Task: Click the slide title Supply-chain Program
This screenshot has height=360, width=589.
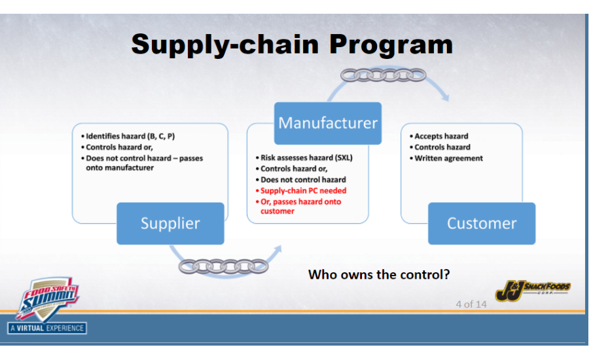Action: pyautogui.click(x=292, y=45)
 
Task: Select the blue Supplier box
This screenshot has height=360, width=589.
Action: pyautogui.click(x=170, y=223)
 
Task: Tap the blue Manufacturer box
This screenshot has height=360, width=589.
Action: pyautogui.click(x=327, y=123)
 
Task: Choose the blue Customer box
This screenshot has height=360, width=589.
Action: pyautogui.click(x=481, y=223)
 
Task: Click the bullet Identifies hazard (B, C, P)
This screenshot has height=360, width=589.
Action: pyautogui.click(x=130, y=136)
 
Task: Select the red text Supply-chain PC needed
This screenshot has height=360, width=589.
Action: pyautogui.click(x=303, y=190)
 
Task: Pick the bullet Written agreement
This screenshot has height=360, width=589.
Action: pyautogui.click(x=448, y=158)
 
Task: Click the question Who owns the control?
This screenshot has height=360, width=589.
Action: pyautogui.click(x=379, y=274)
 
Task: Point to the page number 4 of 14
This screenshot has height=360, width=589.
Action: pyautogui.click(x=471, y=304)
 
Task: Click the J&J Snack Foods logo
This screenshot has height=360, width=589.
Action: pyautogui.click(x=532, y=289)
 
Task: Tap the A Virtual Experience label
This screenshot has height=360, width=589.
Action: pyautogui.click(x=47, y=327)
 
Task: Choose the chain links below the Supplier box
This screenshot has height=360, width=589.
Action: pyautogui.click(x=214, y=266)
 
